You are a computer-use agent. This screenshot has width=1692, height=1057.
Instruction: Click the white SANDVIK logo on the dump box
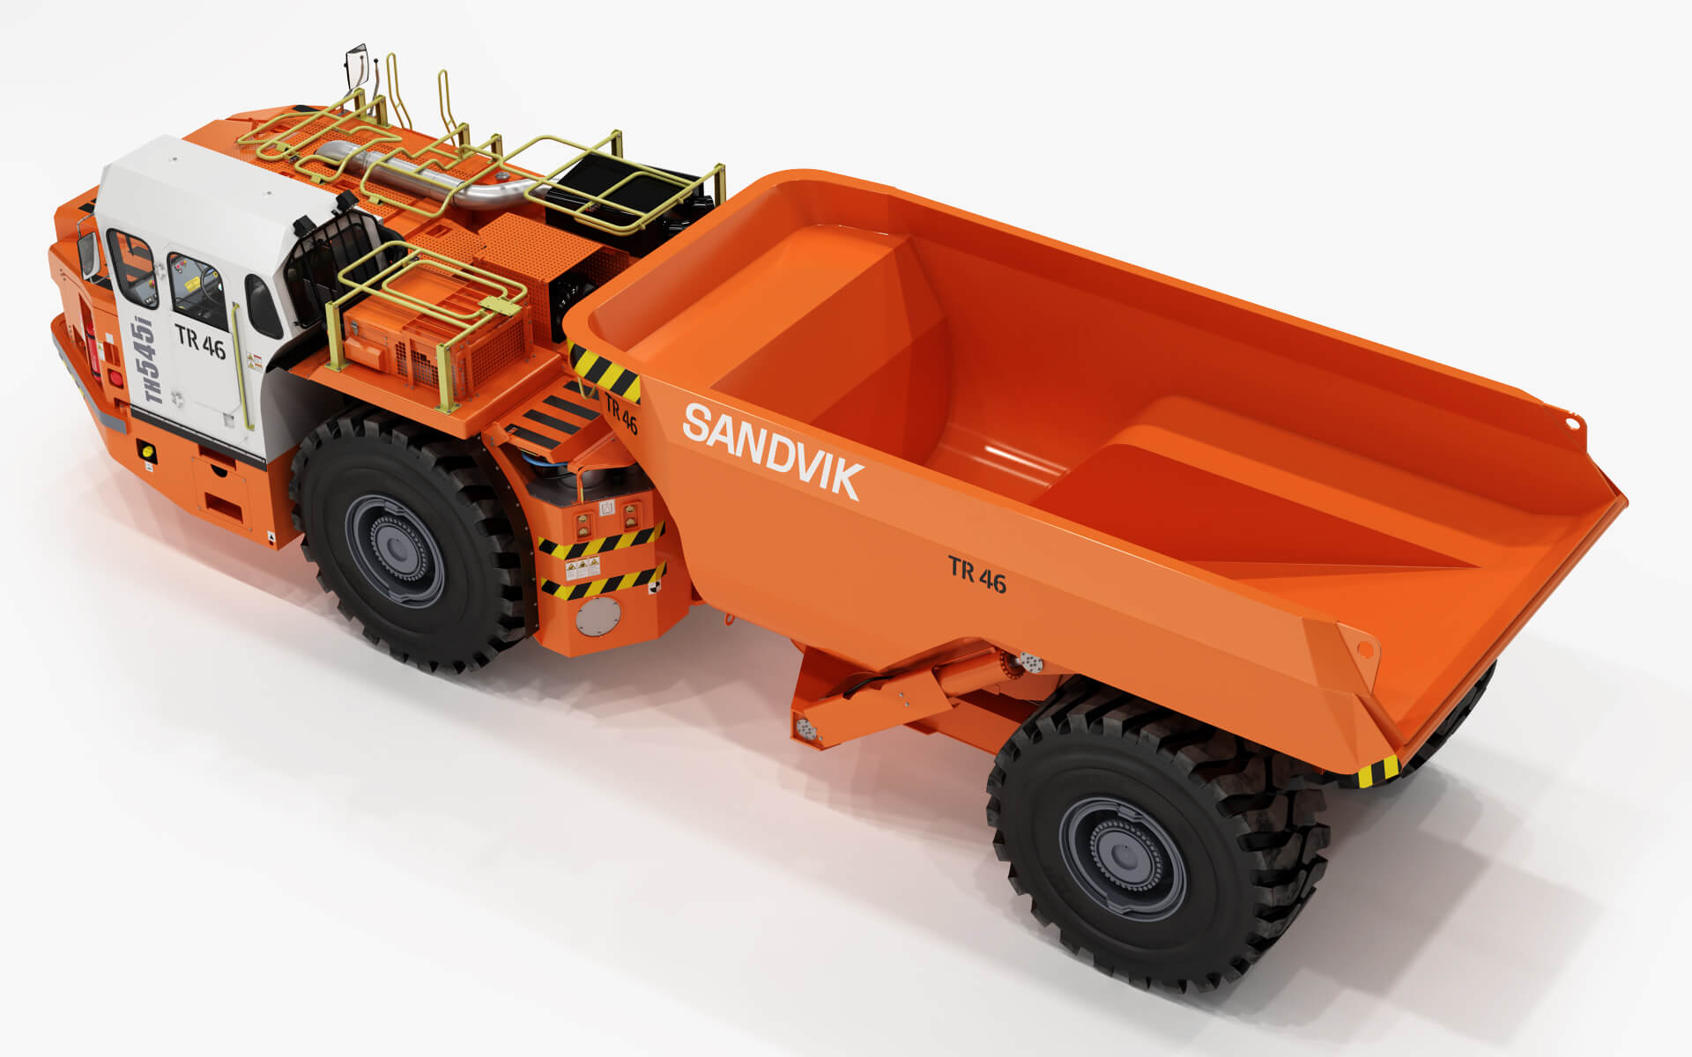tap(773, 450)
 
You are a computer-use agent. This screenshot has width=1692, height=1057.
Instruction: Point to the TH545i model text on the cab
tap(151, 360)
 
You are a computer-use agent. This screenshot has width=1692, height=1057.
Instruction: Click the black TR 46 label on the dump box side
tap(976, 574)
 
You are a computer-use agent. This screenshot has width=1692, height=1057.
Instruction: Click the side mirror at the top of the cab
tap(356, 66)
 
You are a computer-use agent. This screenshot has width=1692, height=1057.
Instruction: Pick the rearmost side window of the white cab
tap(263, 306)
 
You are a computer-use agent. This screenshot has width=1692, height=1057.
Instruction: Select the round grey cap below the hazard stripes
tap(597, 617)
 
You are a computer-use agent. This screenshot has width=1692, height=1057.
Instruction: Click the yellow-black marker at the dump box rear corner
tap(1377, 772)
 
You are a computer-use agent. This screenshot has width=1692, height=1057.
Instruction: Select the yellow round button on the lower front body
tap(147, 453)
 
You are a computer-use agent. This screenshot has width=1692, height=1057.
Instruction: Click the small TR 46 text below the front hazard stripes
tap(621, 413)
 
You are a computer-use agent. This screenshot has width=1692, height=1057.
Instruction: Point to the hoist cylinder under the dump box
tap(890, 687)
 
